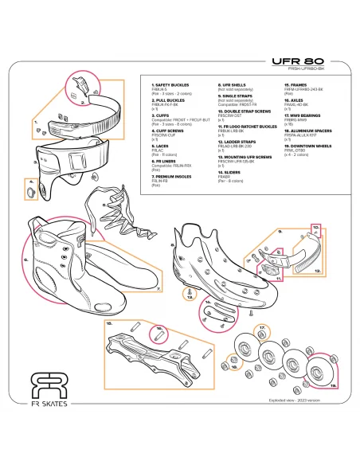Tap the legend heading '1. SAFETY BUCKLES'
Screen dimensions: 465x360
click(x=169, y=83)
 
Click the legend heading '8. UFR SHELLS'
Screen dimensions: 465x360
click(x=233, y=83)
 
